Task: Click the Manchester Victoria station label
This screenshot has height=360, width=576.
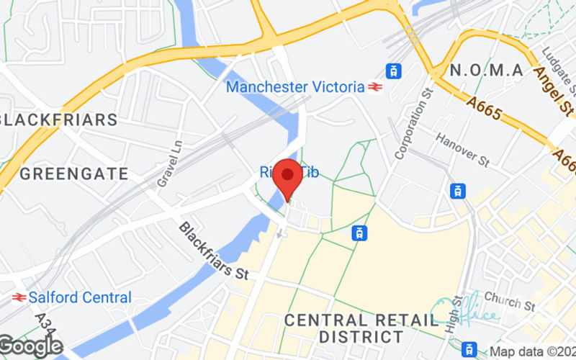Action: click(295, 87)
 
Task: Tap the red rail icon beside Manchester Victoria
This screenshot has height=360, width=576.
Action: click(374, 87)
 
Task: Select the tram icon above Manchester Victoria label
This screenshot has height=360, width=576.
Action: click(393, 71)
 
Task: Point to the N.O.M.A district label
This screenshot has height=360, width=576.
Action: click(486, 70)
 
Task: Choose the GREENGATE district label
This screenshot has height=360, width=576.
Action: click(73, 174)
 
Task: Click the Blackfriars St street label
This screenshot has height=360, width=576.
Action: click(213, 251)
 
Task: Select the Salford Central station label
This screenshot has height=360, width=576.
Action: click(81, 297)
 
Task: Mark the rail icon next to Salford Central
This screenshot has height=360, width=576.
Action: click(19, 297)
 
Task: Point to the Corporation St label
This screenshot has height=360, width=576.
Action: click(413, 123)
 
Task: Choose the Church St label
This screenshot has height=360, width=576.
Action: click(510, 300)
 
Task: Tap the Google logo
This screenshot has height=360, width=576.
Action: click(32, 347)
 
